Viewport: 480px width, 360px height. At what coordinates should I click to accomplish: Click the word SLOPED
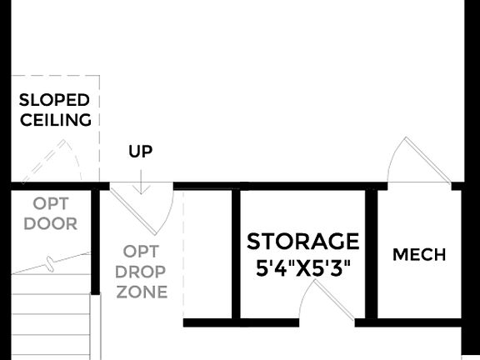54,101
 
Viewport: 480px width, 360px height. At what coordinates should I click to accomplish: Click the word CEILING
55,120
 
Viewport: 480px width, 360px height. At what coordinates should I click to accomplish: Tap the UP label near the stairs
140,152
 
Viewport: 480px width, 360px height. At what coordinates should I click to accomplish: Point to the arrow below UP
141,181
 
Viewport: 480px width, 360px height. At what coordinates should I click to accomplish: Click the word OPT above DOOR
51,203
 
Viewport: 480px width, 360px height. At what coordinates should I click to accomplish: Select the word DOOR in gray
50,223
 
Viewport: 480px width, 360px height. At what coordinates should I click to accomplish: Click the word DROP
141,272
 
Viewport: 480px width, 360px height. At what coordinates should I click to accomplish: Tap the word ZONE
142,292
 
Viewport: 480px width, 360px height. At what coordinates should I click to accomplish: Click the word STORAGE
302,242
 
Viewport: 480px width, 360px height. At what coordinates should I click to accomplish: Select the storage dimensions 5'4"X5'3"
302,268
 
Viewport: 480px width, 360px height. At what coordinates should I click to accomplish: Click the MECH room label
418,255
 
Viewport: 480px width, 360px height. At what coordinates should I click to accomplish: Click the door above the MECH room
410,161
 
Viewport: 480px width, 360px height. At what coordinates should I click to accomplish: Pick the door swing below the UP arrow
146,209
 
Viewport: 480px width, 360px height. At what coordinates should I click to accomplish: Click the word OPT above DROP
141,251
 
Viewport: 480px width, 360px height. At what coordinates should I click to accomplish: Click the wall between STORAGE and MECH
371,254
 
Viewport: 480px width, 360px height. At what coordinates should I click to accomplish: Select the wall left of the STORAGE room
236,254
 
